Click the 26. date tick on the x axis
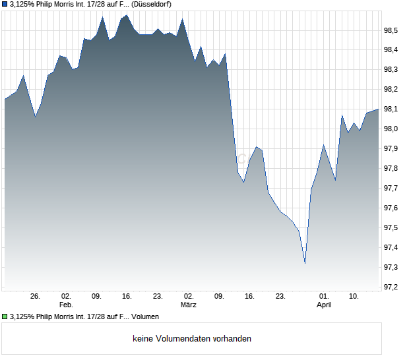pyautogui.click(x=36, y=297)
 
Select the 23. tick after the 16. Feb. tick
pyautogui.click(x=158, y=297)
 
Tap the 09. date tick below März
pyautogui.click(x=219, y=297)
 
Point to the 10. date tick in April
pyautogui.click(x=354, y=297)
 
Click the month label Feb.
pyautogui.click(x=65, y=305)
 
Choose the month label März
pyautogui.click(x=189, y=305)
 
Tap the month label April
pyautogui.click(x=324, y=305)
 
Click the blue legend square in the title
pyautogui.click(x=5, y=5)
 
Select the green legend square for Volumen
pyautogui.click(x=5, y=316)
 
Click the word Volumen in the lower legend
pyautogui.click(x=145, y=316)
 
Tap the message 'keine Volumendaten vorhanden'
pyautogui.click(x=192, y=338)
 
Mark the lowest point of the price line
pyautogui.click(x=305, y=263)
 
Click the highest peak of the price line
pyautogui.click(x=127, y=15)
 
